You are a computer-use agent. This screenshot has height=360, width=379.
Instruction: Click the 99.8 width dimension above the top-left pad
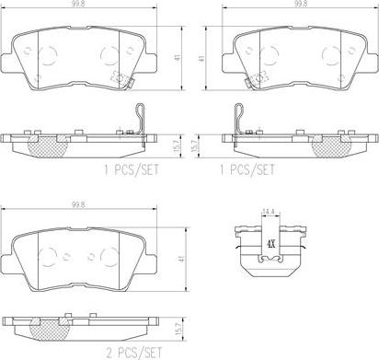click(x=80, y=4)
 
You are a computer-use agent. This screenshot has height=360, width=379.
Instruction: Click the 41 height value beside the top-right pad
click(x=201, y=58)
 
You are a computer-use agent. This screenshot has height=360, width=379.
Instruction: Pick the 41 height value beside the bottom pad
click(x=183, y=259)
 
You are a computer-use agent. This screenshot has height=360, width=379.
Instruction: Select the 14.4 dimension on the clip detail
click(x=268, y=212)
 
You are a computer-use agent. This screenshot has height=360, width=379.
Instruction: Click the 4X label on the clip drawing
click(x=270, y=244)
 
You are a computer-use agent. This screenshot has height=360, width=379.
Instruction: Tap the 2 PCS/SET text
click(x=134, y=353)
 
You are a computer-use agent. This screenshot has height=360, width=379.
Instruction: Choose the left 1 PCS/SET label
click(x=132, y=169)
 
